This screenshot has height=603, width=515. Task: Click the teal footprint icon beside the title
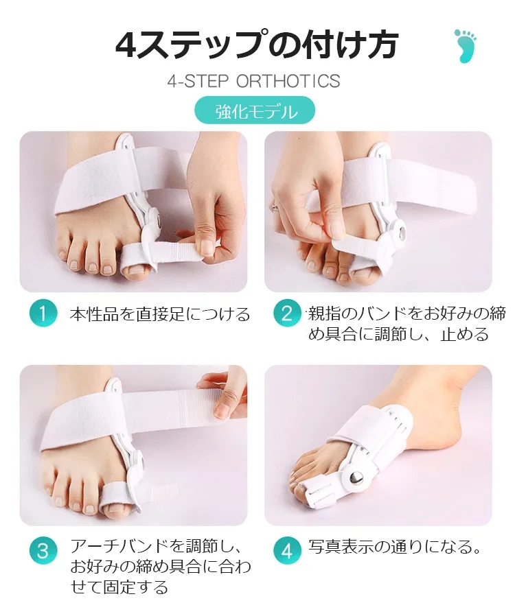pos(466,46)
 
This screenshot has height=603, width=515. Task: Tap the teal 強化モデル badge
pos(255,110)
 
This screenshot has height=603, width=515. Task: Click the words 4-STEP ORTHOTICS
pos(254,81)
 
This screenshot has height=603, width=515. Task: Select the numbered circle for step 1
pos(43,314)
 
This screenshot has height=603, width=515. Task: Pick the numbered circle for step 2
pos(287,314)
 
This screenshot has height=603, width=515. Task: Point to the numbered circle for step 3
pos(43,551)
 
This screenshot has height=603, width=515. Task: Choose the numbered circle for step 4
pos(287,551)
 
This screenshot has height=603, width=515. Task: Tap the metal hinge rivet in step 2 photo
pos(401,233)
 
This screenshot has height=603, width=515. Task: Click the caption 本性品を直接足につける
pos(160,314)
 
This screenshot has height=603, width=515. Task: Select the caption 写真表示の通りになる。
pos(395,547)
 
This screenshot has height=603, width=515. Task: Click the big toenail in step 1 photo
pos(137,270)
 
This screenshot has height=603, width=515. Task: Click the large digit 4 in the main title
pos(126,45)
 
